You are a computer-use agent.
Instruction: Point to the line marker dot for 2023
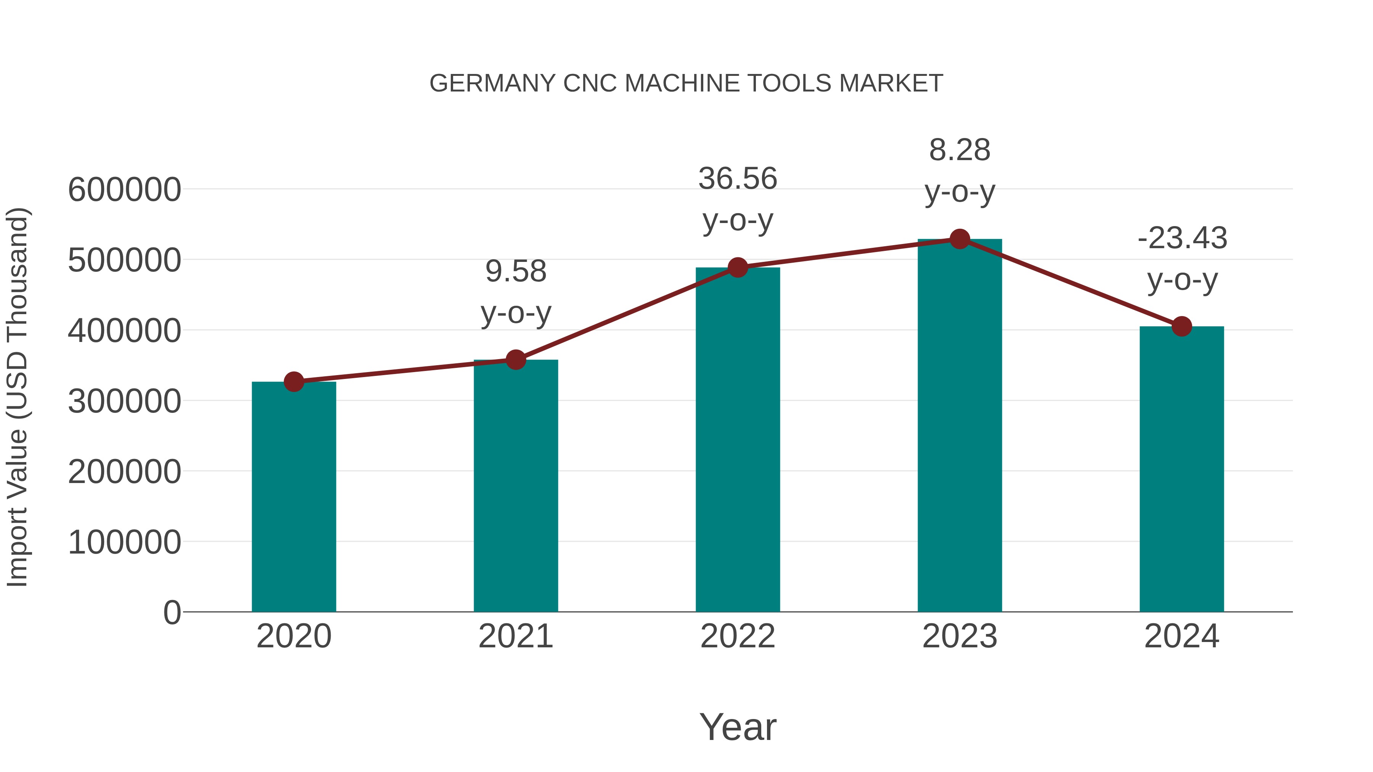click(x=960, y=239)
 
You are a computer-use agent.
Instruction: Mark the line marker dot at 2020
click(x=294, y=382)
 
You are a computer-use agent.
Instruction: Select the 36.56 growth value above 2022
click(x=738, y=178)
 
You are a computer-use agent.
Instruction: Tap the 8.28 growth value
click(x=960, y=150)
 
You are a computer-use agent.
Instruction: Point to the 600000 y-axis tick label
click(x=124, y=190)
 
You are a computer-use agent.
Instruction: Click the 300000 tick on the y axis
click(x=124, y=401)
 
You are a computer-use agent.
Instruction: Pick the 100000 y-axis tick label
click(x=124, y=542)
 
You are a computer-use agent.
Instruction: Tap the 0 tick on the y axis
click(x=172, y=612)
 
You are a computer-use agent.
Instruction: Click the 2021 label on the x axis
click(x=515, y=636)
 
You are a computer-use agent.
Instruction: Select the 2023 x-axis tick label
click(x=960, y=636)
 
